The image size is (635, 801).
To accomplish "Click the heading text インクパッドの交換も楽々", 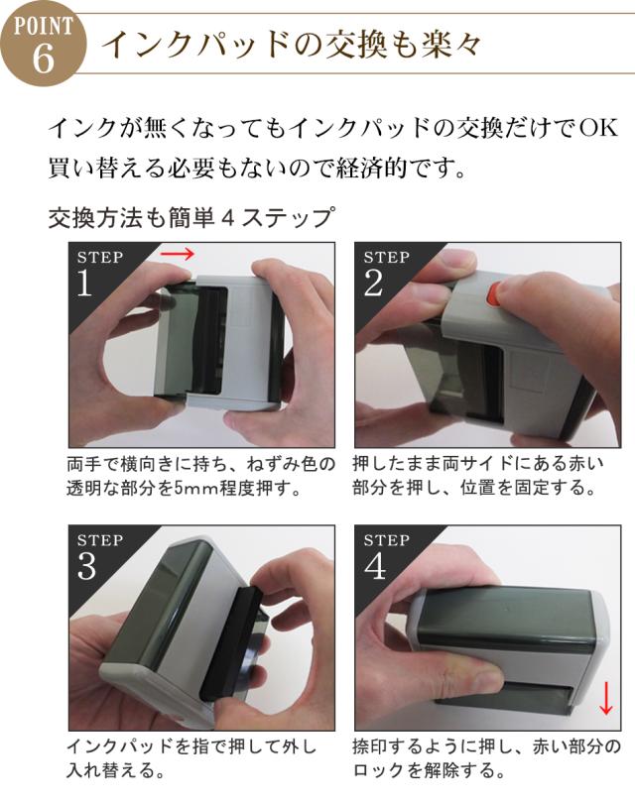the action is pos(292,45).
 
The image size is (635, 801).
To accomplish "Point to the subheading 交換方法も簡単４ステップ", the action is pos(192,218).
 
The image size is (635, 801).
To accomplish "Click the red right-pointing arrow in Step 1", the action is pos(177,253).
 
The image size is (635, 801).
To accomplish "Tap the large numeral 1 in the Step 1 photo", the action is pos(84,283).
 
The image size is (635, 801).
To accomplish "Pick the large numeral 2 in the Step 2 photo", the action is pos(373,283).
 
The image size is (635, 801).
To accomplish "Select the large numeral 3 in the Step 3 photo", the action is pos(87,566).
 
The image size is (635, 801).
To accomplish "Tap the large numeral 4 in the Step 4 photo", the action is pos(375,566).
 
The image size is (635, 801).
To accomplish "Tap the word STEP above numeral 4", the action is pos(387,540).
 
